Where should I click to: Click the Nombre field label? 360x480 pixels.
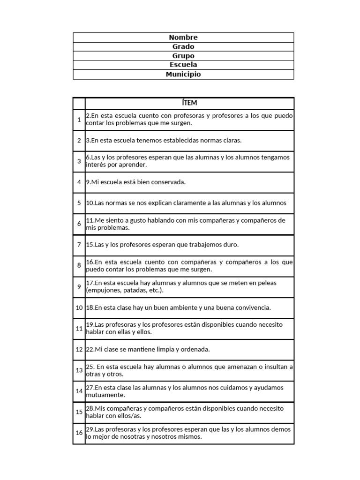click(x=183, y=37)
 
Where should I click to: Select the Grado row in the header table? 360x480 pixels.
click(x=183, y=47)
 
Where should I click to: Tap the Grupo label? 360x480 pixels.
click(x=183, y=56)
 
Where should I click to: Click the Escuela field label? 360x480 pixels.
click(x=183, y=65)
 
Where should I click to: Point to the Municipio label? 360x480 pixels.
click(x=183, y=74)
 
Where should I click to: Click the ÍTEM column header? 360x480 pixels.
click(x=189, y=103)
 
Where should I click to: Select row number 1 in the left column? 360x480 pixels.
click(x=79, y=120)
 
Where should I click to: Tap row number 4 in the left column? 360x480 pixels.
click(x=79, y=182)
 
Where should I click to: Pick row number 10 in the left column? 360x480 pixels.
click(x=79, y=307)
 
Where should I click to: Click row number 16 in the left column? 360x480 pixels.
click(x=79, y=433)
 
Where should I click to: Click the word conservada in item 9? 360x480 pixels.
click(x=169, y=182)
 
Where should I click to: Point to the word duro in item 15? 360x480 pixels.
click(x=232, y=245)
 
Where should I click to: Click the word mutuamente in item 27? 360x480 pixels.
click(x=102, y=395)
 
